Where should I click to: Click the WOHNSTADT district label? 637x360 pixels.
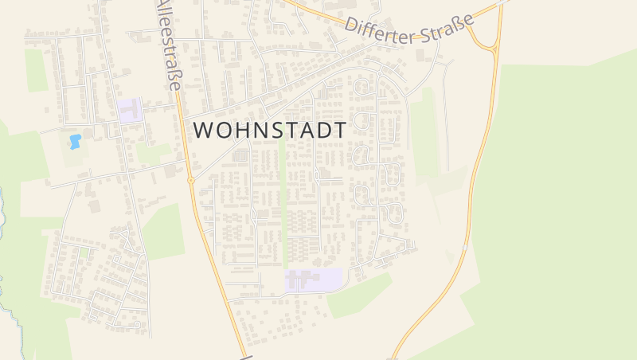270,130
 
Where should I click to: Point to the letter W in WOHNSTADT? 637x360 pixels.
204,130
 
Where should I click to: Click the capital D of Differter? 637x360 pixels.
351,25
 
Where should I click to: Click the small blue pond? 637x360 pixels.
75,142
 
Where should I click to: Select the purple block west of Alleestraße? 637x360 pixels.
130,110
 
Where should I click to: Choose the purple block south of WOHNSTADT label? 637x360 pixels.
314,280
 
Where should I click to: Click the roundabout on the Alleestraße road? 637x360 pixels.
191,181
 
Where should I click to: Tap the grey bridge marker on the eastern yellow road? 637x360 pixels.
466,248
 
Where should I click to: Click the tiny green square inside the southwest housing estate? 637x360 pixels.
83,252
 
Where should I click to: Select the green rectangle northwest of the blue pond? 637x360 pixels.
37,69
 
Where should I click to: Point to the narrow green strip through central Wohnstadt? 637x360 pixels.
284,207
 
